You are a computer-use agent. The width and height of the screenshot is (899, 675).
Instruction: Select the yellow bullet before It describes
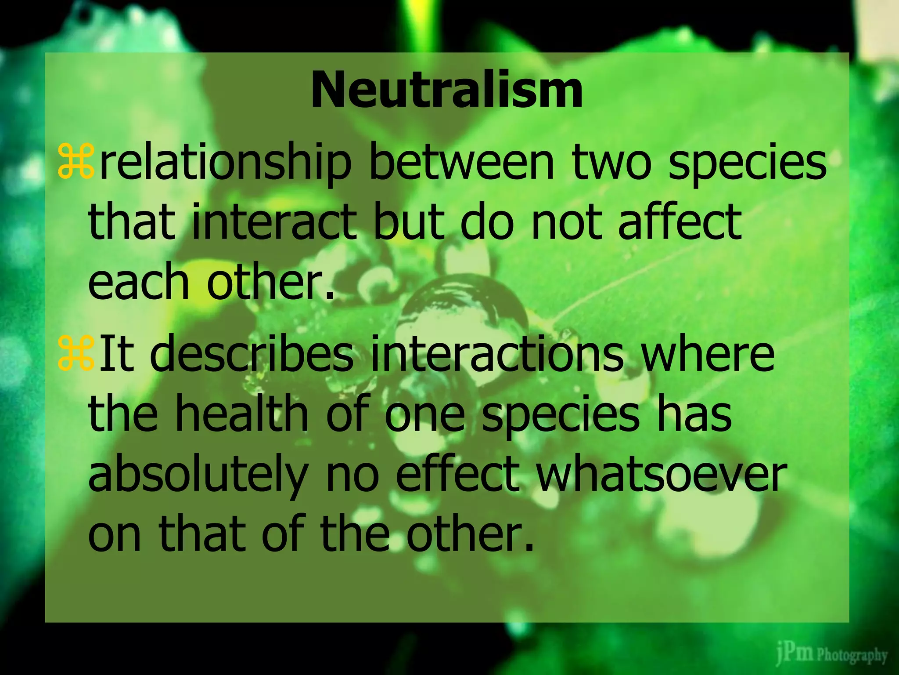click(75, 352)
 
